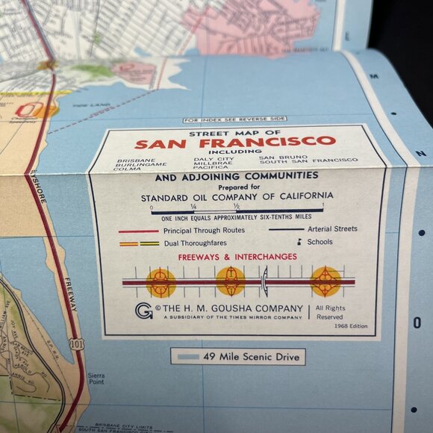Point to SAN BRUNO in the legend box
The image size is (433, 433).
281,158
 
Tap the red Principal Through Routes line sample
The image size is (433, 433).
138,231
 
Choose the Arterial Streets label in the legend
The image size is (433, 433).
323,229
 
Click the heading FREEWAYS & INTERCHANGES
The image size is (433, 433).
237,258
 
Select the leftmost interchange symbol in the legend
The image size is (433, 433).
160,283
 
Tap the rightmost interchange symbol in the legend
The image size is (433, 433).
325,281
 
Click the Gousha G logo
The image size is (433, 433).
143,311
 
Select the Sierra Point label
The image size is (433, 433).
96,380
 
